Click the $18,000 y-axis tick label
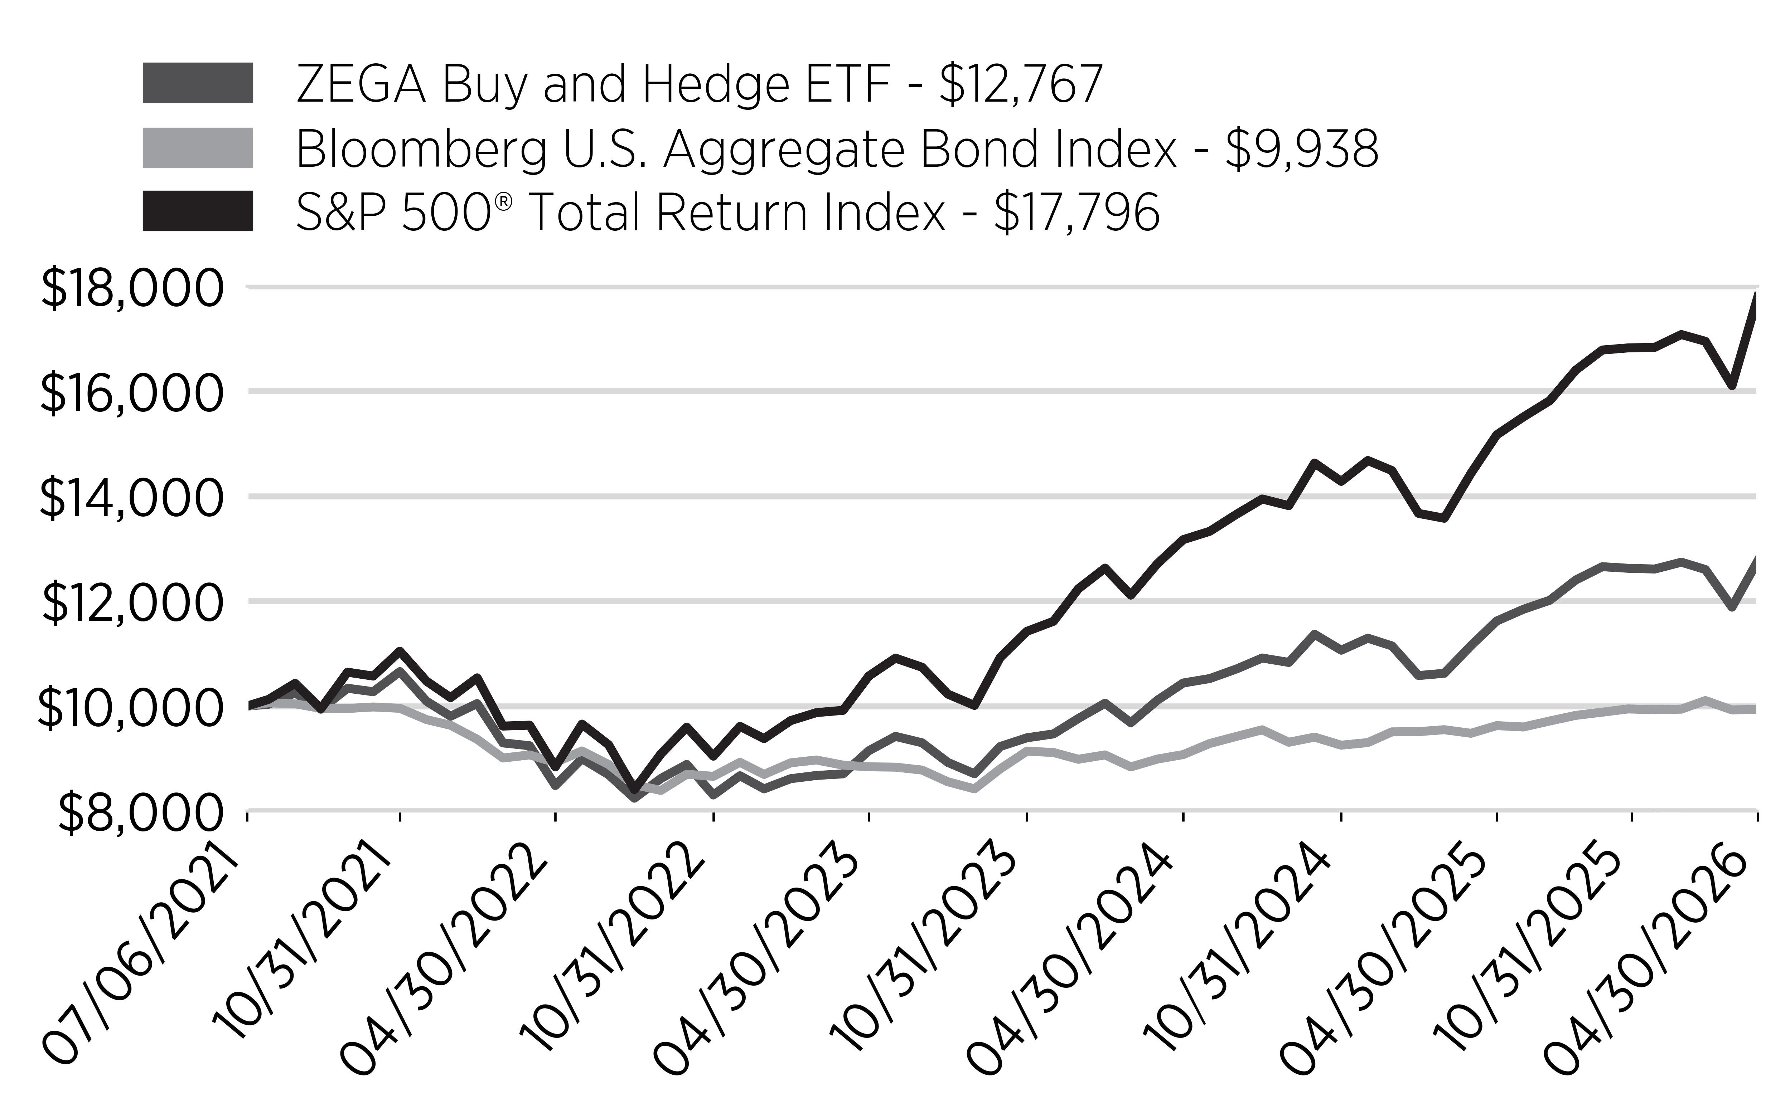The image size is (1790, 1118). (131, 288)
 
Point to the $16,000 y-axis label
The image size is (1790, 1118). (131, 392)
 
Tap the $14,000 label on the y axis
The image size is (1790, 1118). (131, 498)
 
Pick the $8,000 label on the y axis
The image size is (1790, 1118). (141, 812)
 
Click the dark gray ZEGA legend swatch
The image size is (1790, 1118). (198, 83)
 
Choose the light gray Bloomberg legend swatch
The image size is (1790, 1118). (198, 148)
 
